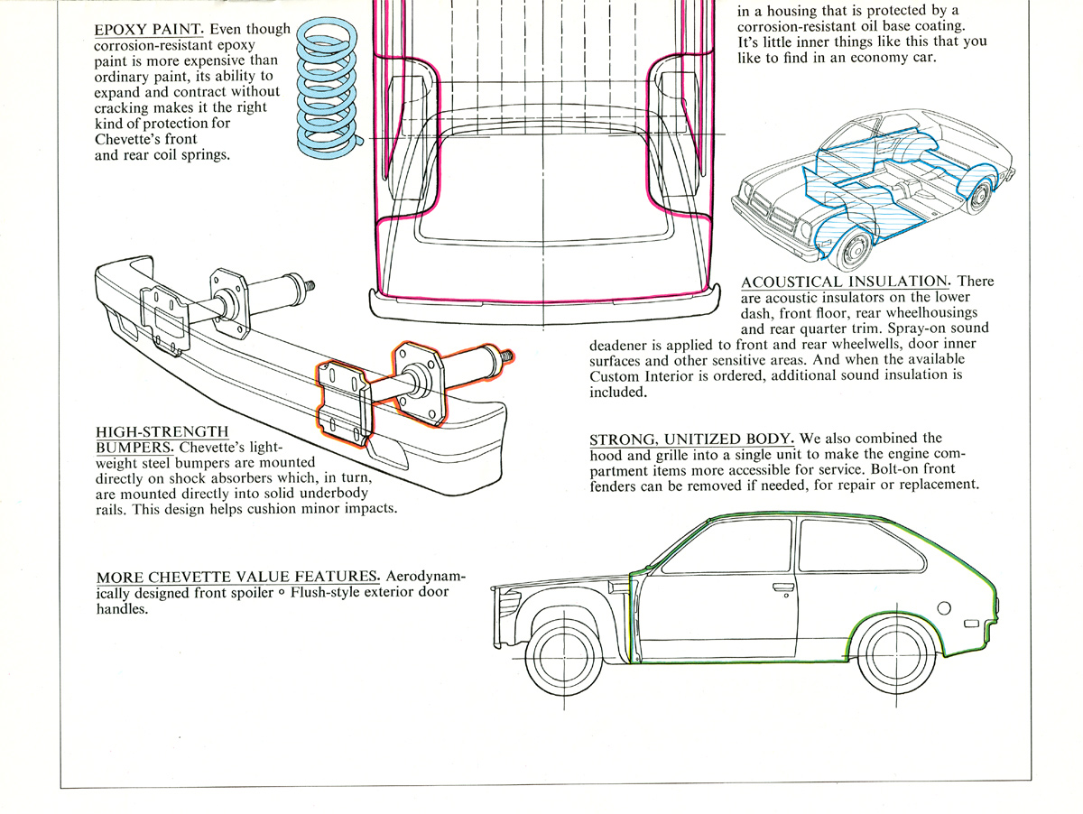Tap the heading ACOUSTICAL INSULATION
845,282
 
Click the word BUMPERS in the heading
135,448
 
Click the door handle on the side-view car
782,588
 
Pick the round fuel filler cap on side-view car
944,607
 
